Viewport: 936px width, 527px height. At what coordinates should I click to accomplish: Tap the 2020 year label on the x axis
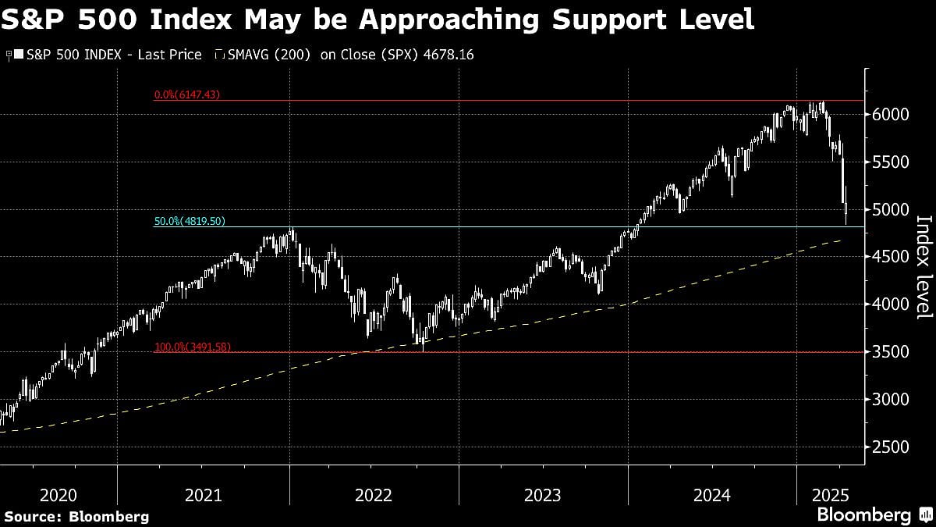[x=58, y=495]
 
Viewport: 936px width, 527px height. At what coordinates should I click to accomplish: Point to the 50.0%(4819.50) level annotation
[x=190, y=221]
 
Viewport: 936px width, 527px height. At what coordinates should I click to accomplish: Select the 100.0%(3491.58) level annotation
[x=191, y=347]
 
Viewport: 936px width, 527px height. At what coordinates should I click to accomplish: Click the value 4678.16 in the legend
[x=448, y=55]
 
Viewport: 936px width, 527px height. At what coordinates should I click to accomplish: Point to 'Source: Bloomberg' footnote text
[x=76, y=516]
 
